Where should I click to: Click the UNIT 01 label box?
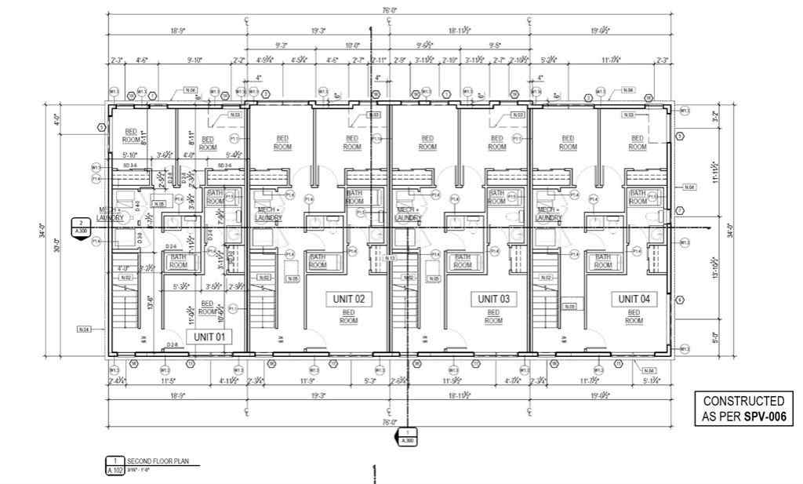(209, 337)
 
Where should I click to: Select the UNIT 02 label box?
(349, 299)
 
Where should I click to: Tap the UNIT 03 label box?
(493, 299)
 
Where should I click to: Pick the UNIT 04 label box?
(634, 299)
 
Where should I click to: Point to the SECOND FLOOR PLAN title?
(154, 461)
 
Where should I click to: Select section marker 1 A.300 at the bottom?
(406, 437)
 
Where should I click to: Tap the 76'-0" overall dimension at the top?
(389, 10)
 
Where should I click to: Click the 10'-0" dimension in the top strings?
(353, 45)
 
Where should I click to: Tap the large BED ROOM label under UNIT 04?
(634, 316)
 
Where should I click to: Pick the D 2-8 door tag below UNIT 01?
(173, 345)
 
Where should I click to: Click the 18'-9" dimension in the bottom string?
(177, 398)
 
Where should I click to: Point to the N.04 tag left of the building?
(84, 329)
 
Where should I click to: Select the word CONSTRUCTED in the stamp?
(743, 401)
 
